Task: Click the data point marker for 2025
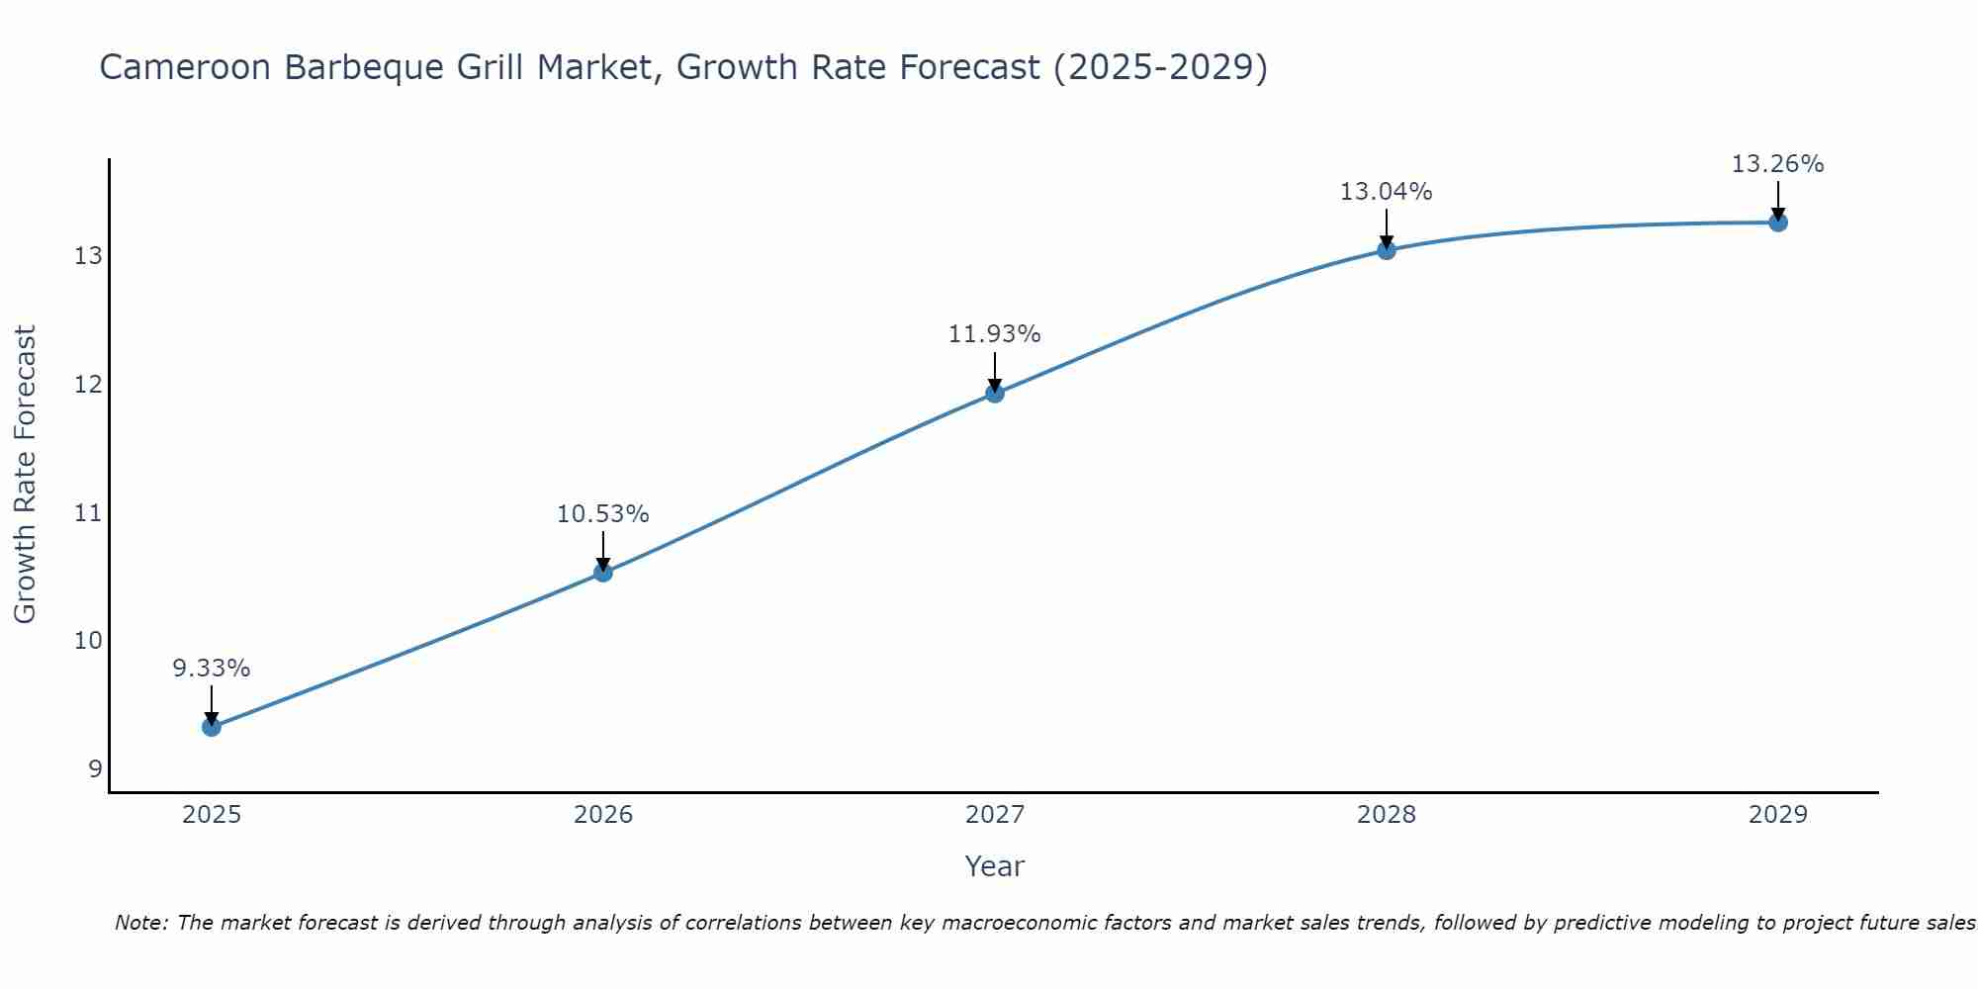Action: (x=212, y=727)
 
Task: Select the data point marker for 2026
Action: (x=603, y=572)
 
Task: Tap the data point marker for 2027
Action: (x=995, y=393)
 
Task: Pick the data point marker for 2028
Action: (x=1387, y=250)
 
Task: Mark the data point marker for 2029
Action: (x=1778, y=223)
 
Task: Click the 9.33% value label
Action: (x=212, y=669)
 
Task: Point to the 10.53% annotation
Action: (x=603, y=514)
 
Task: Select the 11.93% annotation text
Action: (x=995, y=334)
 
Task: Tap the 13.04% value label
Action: (x=1387, y=192)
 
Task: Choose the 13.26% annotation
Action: (x=1778, y=164)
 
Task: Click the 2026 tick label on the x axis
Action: (x=603, y=815)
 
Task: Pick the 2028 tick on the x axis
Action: (x=1387, y=815)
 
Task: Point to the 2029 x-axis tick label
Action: (x=1778, y=815)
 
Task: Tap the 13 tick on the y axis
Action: (x=88, y=256)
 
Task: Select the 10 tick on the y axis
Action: (x=88, y=641)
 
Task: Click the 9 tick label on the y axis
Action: (x=95, y=768)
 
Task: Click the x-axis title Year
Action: (x=995, y=866)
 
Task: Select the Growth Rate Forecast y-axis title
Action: (x=26, y=475)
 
